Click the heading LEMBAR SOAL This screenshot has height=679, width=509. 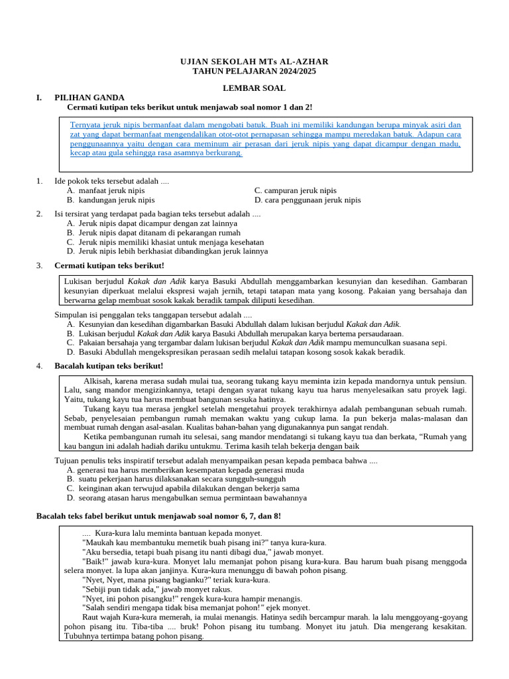[x=254, y=88]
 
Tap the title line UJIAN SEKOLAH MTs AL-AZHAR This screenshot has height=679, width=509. [x=254, y=62]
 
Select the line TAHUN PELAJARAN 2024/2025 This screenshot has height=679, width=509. [x=254, y=71]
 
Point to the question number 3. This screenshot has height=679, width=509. [x=39, y=265]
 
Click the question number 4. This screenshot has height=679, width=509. [x=39, y=366]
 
